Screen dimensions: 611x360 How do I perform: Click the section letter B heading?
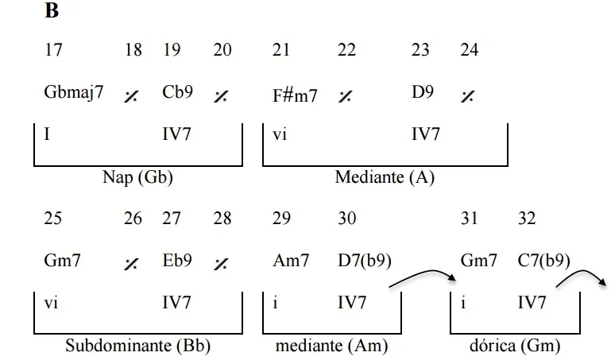coord(52,12)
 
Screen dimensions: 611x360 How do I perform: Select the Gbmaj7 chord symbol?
coord(74,92)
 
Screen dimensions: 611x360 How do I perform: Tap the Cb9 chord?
coord(177,92)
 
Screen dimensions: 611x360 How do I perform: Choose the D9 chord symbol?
coord(422,92)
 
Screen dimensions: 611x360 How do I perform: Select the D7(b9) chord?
coord(365,260)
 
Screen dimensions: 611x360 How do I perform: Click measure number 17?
coord(53,50)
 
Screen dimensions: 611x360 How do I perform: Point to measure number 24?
coord(469,50)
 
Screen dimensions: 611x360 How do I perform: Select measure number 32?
coord(527,218)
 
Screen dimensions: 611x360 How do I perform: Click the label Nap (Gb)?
coord(138,177)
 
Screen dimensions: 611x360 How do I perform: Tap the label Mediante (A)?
coord(385,177)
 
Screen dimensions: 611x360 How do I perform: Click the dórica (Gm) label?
coord(515,346)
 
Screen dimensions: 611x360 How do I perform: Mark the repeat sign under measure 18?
coord(131,96)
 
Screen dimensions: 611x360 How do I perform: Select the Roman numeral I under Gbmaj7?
coord(48,135)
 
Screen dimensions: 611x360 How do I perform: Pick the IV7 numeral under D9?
coord(425,135)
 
